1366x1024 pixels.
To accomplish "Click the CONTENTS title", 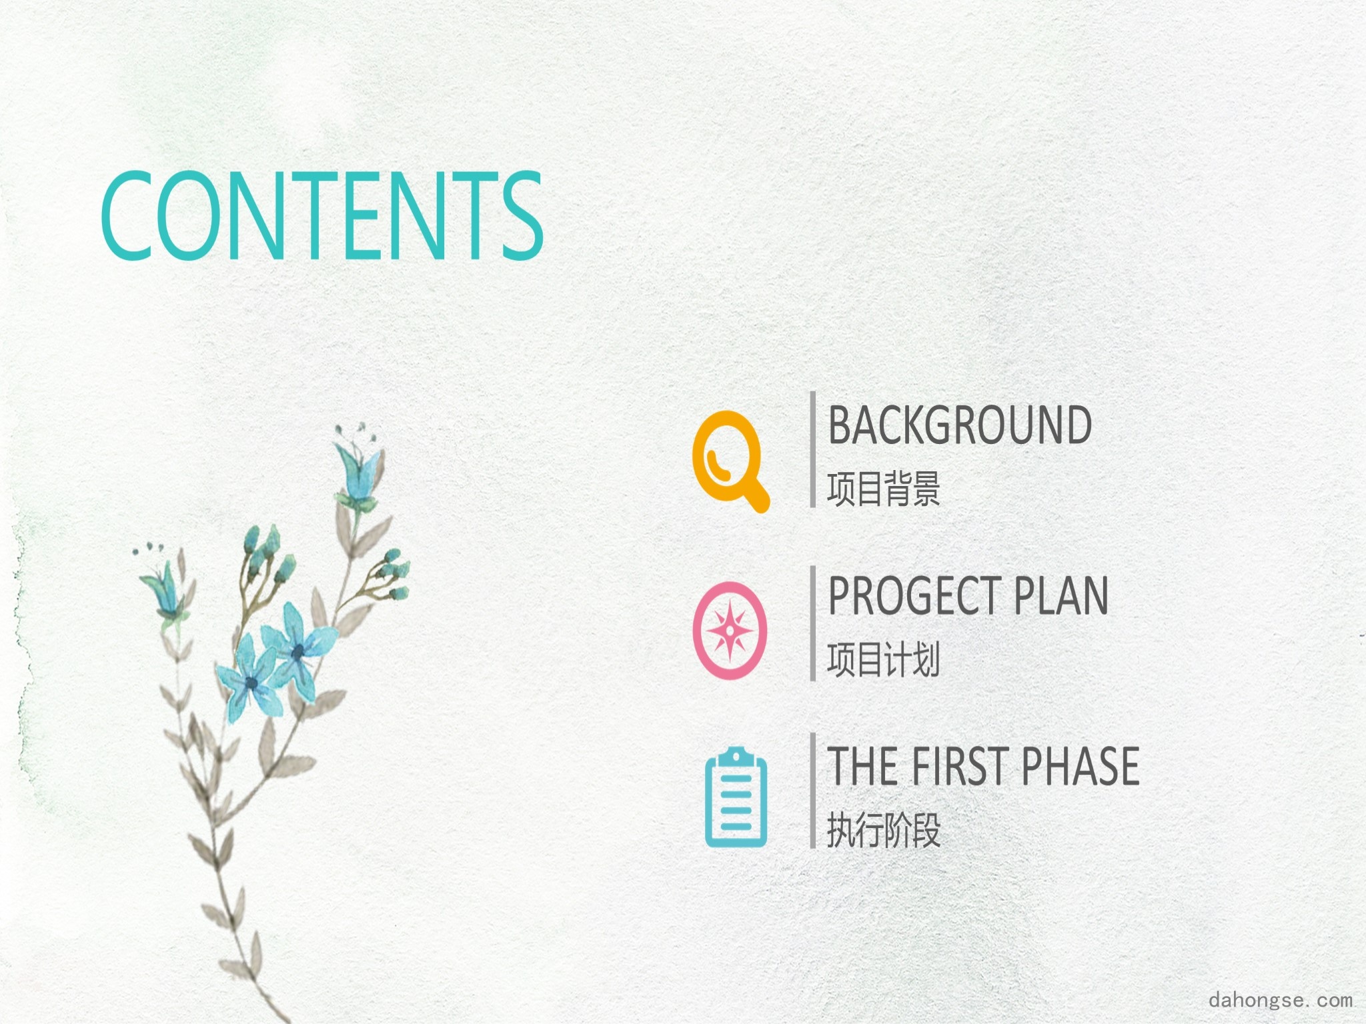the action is point(322,215).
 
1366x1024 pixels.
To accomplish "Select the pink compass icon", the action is point(730,630).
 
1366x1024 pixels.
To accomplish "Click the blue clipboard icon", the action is point(736,797).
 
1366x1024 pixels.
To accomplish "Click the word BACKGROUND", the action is point(959,425).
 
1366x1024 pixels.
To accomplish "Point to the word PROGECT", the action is point(913,595).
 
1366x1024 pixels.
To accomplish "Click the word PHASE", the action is point(1080,766).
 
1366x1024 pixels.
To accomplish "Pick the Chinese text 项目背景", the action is point(884,489).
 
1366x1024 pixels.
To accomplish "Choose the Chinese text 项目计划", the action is point(884,659).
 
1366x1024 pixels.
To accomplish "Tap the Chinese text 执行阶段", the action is point(884,830).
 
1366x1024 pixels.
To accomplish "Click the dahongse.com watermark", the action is point(1281,999).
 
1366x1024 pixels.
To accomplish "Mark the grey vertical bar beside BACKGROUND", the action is point(813,449).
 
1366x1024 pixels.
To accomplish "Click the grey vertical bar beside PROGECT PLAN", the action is point(813,623).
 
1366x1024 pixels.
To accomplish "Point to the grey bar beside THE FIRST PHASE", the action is point(813,791).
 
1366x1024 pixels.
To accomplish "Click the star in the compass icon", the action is point(730,630).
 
